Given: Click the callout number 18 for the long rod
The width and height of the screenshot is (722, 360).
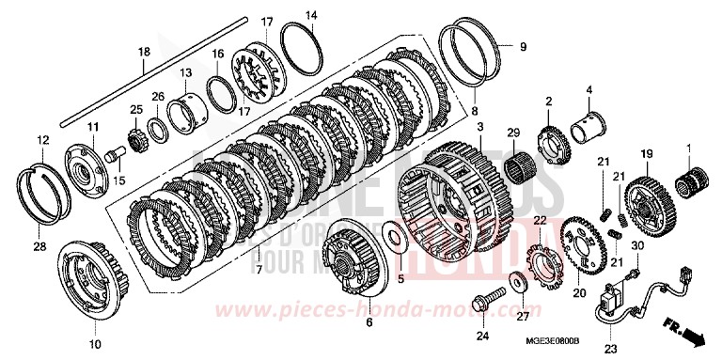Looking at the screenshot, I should tap(144, 53).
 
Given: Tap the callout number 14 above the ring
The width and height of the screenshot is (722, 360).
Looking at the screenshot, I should tap(312, 16).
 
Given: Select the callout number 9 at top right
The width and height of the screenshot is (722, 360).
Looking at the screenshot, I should tap(524, 45).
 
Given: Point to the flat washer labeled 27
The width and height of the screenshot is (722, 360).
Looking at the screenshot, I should tap(519, 282).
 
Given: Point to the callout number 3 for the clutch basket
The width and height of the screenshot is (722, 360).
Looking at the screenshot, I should tap(479, 126).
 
